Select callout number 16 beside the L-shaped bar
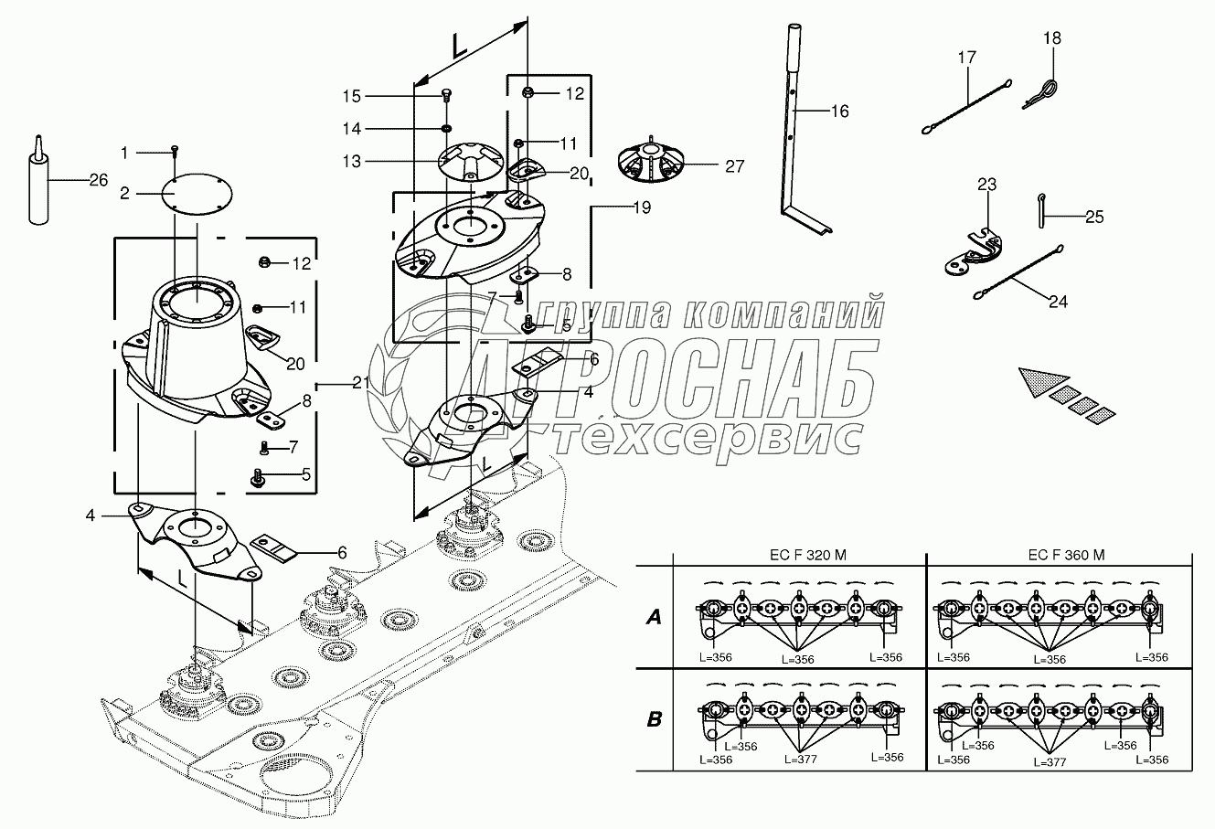[839, 112]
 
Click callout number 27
[733, 166]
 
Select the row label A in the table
[654, 619]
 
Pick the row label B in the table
[654, 719]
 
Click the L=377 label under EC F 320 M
[802, 759]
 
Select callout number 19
[640, 207]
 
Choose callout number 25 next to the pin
[1094, 217]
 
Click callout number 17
[967, 58]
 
